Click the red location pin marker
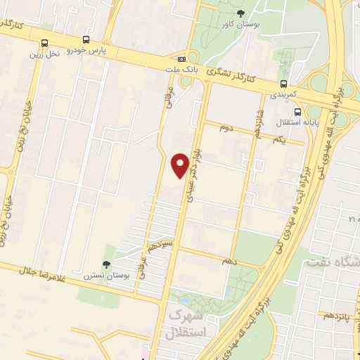pos(181,165)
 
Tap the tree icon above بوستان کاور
pos(241,13)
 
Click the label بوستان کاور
pos(241,25)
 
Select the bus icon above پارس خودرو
pos(86,40)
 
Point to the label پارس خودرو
pos(86,51)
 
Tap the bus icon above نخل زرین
pos(46,44)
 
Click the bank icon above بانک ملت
pos(182,59)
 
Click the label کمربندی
pos(284,94)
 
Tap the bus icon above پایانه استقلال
pos(299,111)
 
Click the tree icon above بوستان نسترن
pos(106,264)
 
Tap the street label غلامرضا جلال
pos(28,269)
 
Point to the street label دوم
pos(226,128)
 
